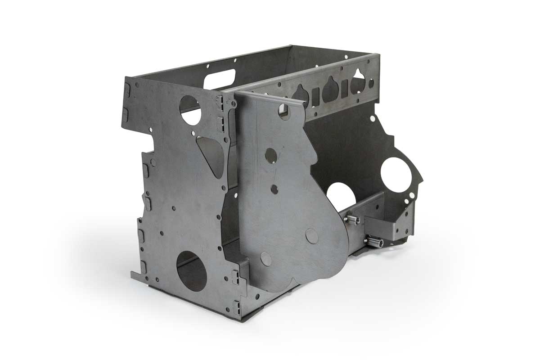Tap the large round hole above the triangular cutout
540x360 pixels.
pos(190,110)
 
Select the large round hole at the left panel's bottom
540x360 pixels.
pos(192,271)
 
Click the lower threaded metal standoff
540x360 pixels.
pos(374,242)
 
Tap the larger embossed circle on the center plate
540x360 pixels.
pos(311,236)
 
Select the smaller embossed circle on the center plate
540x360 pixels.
pos(266,258)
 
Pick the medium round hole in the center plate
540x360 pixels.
pos(271,156)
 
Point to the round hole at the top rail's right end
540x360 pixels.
pos(371,83)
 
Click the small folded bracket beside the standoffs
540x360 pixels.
pos(382,228)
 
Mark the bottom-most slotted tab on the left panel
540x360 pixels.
pos(235,277)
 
